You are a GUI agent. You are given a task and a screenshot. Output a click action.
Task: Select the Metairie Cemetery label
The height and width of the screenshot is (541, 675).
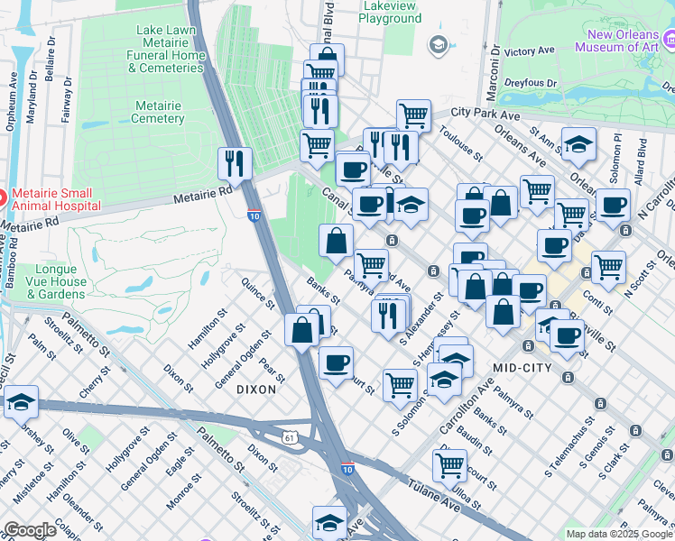158,112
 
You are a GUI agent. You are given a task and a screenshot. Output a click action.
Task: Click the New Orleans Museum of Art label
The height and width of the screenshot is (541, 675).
624,42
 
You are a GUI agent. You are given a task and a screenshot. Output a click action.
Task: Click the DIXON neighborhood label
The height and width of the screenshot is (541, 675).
254,390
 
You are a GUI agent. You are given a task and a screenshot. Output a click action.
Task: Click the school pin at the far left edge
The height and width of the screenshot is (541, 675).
20,401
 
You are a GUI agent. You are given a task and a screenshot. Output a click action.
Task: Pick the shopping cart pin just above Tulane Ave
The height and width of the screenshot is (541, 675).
449,465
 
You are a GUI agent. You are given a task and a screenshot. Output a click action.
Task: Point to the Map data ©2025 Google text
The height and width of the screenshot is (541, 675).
618,534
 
